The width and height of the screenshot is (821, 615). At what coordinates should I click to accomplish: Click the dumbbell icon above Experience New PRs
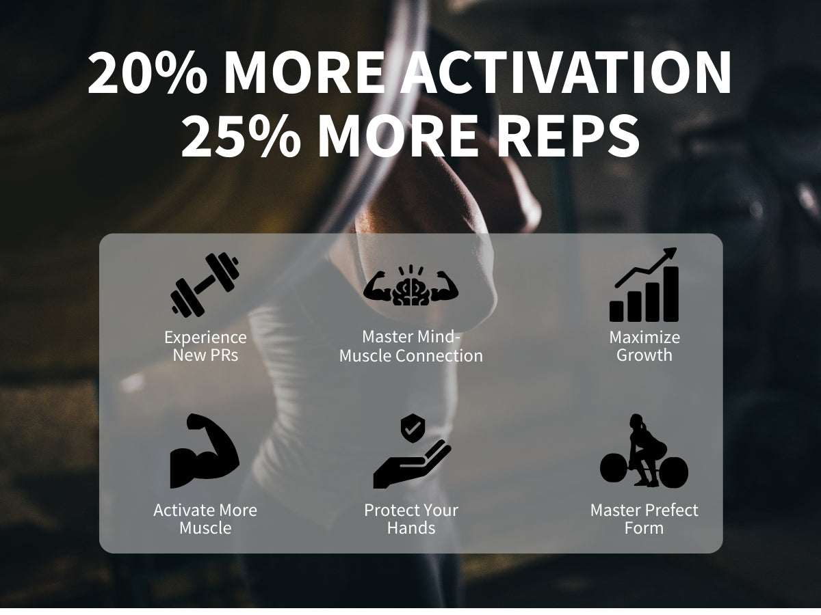205,285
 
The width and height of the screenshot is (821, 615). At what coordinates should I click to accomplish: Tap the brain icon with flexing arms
410,286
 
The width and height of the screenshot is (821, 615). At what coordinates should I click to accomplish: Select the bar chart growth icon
644,284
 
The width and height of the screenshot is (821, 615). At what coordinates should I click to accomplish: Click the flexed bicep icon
205,451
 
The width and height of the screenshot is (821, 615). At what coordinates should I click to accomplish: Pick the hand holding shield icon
412,451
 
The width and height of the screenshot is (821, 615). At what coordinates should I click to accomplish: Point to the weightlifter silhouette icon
644,450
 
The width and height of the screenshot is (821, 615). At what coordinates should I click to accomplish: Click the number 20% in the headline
147,72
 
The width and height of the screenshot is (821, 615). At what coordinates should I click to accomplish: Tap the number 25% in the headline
241,135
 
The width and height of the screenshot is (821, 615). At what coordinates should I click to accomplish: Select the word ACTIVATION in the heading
566,72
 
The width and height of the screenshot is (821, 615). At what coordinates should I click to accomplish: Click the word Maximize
644,338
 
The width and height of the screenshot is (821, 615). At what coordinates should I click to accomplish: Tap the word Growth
644,355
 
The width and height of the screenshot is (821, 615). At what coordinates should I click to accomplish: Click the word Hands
411,528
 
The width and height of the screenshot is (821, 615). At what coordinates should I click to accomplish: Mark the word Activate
184,510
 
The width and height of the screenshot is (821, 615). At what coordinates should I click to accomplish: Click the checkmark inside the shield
413,428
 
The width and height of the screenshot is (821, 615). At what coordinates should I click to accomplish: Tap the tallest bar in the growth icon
671,294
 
